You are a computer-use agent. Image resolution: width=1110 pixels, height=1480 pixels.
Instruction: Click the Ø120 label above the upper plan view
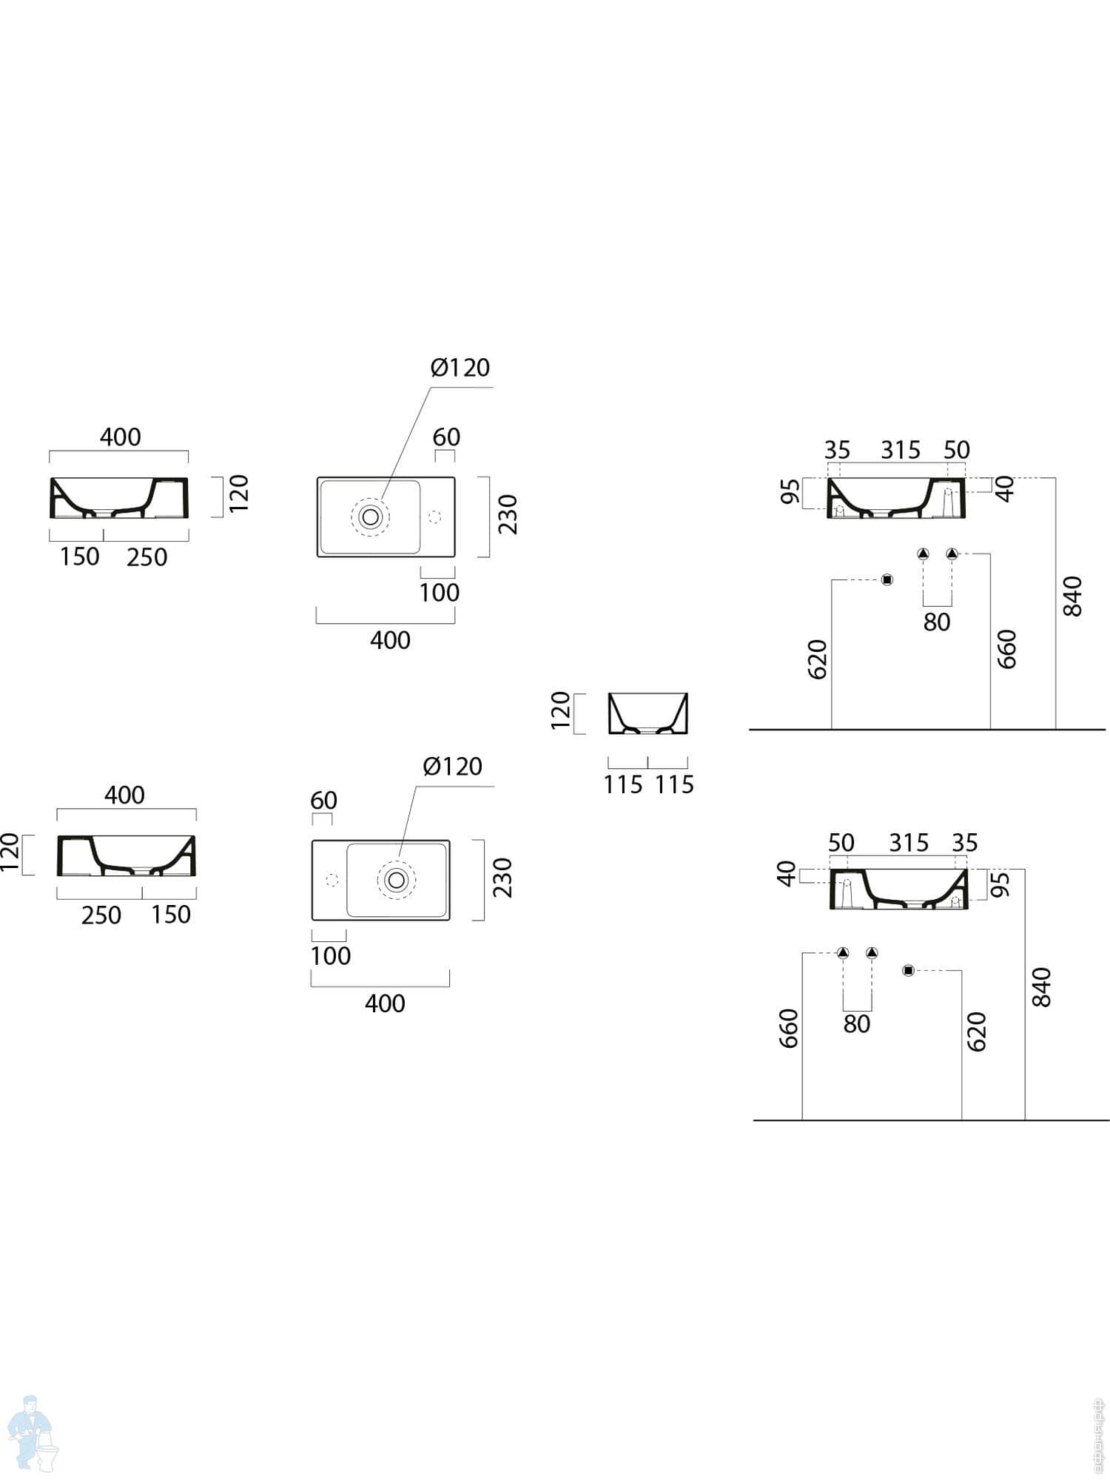(x=460, y=368)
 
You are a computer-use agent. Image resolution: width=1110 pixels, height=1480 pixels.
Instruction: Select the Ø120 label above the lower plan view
(x=452, y=767)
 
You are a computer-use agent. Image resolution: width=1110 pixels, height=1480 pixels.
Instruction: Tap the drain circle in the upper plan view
(x=370, y=516)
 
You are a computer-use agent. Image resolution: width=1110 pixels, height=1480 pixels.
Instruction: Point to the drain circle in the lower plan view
(x=397, y=879)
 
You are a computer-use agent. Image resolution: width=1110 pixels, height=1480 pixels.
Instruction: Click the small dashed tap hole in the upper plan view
(x=434, y=516)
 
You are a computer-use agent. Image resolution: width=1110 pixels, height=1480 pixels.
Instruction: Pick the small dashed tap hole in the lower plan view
(x=332, y=879)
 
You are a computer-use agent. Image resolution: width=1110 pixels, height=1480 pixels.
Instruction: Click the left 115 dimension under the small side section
(x=623, y=784)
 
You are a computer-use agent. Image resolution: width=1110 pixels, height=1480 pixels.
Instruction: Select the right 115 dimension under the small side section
(x=674, y=784)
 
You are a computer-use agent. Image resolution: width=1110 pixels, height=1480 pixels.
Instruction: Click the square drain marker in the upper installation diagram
(x=887, y=579)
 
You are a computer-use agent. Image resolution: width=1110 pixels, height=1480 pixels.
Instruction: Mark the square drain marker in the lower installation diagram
(x=909, y=970)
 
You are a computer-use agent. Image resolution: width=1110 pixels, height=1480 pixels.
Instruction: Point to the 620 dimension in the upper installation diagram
(x=817, y=659)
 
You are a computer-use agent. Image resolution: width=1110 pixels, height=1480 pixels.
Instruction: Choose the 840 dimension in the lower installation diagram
(x=1041, y=986)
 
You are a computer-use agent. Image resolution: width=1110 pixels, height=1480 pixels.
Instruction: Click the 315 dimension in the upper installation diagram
(x=901, y=450)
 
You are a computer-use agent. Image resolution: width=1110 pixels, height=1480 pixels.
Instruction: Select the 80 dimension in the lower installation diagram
(x=857, y=1024)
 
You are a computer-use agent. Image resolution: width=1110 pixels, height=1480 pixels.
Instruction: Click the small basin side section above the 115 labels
(x=648, y=713)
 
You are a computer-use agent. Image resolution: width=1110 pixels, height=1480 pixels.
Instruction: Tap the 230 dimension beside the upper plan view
(x=508, y=515)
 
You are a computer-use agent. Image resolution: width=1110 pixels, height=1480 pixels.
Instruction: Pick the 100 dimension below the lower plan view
(x=330, y=956)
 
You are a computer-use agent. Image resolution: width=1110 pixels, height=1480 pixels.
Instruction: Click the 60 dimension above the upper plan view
(x=446, y=437)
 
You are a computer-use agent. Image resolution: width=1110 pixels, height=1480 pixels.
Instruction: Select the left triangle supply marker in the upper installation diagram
(x=923, y=554)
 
